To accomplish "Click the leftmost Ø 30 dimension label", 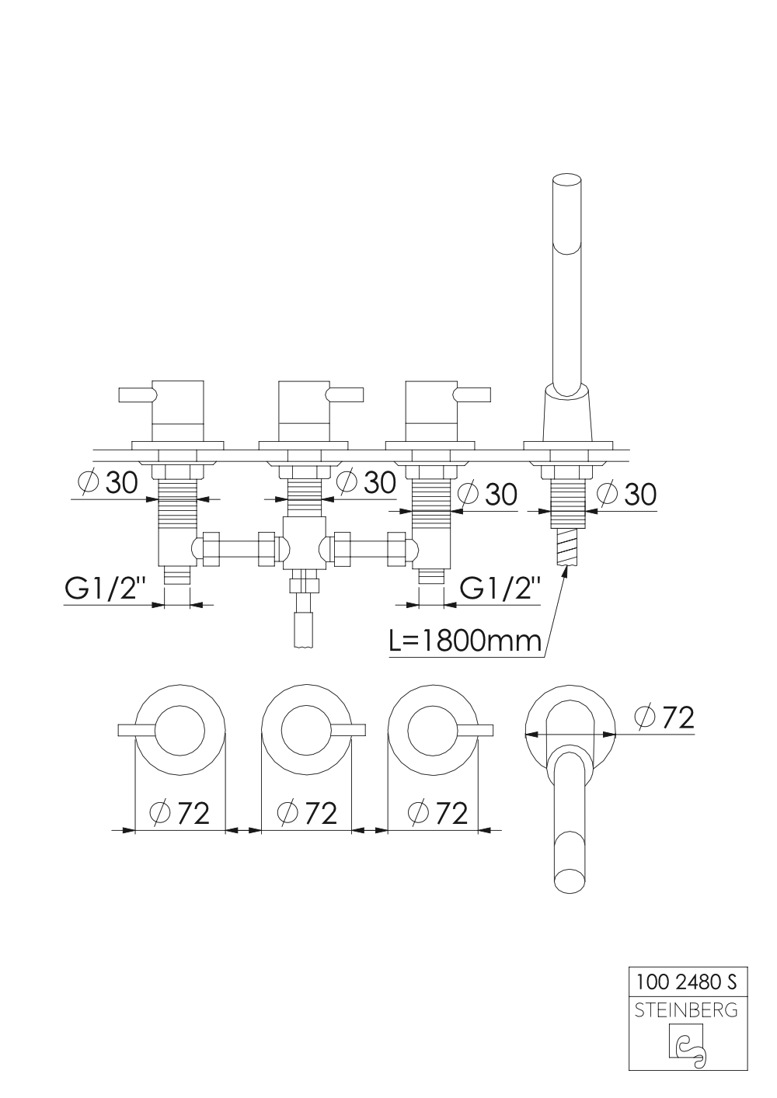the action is (108, 483).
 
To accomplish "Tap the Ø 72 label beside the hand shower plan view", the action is (664, 718).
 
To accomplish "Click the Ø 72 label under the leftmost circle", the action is (179, 813).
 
